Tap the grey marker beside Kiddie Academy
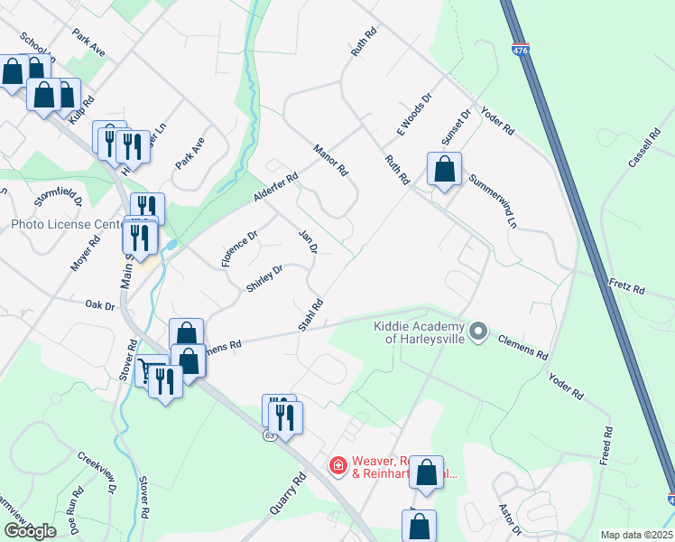point(479,332)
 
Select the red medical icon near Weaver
point(338,465)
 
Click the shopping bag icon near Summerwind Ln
point(444,169)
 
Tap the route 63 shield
point(270,435)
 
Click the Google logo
point(30,531)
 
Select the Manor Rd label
point(330,159)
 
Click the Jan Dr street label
point(308,241)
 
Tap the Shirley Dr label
point(265,278)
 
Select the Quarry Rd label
point(282,493)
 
